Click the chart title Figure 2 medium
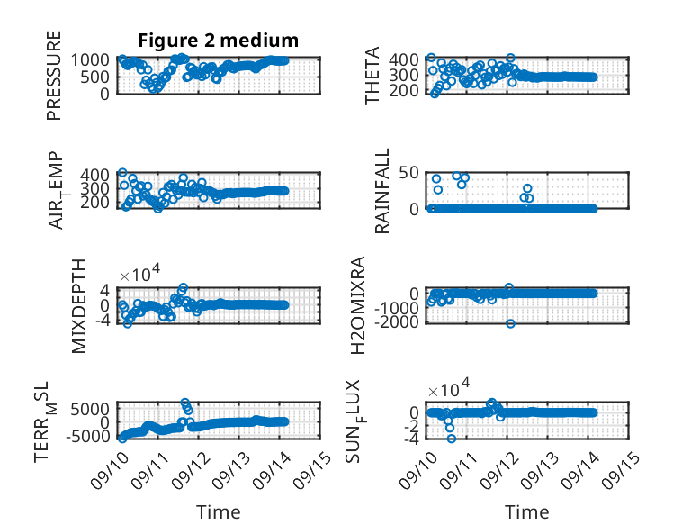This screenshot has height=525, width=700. coord(219,41)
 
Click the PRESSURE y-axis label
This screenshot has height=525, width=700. coord(54,76)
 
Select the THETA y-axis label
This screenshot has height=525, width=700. coord(372,76)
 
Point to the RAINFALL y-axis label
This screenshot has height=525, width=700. coord(382,191)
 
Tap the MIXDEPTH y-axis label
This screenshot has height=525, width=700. coord(78,306)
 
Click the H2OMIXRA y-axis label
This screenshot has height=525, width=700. coord(358,305)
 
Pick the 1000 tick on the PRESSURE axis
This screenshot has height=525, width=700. coord(90,59)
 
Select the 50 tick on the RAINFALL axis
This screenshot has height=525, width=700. coord(408,173)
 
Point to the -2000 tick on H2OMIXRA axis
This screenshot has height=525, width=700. coord(397,321)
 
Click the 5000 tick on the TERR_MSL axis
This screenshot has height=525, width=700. coord(90,409)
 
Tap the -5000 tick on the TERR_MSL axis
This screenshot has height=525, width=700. coord(87,436)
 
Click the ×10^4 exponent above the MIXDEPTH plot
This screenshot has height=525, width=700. coord(139,273)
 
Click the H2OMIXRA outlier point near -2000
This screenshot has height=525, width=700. coord(510,323)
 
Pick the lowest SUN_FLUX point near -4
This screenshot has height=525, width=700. coord(452,439)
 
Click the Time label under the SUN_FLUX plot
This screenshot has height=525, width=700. coord(526,512)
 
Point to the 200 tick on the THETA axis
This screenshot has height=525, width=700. coord(404,91)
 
